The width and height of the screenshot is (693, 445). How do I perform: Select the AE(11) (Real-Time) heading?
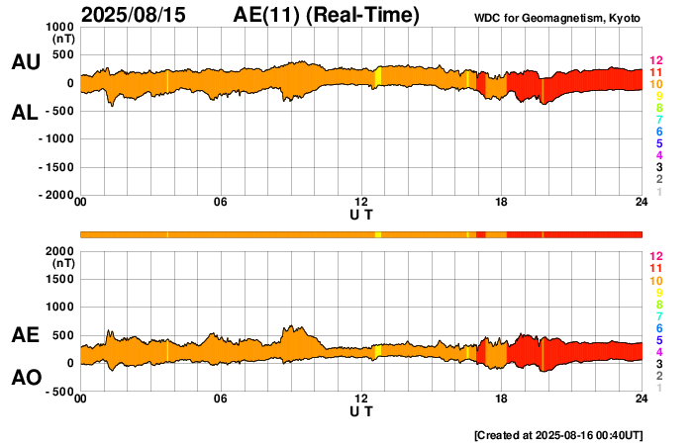pyautogui.click(x=327, y=15)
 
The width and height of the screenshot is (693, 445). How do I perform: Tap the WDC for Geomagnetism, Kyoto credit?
pyautogui.click(x=559, y=19)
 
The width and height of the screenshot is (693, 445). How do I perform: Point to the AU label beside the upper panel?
pyautogui.click(x=25, y=62)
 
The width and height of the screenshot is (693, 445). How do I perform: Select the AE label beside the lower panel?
pyautogui.click(x=25, y=335)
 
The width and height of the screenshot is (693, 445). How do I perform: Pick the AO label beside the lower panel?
pyautogui.click(x=25, y=378)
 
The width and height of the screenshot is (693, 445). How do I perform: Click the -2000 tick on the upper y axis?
pyautogui.click(x=55, y=196)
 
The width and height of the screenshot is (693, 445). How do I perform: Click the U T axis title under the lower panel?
pyautogui.click(x=361, y=411)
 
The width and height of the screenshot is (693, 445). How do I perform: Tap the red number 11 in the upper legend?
pyautogui.click(x=655, y=73)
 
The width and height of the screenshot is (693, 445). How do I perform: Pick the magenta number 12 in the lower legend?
pyautogui.click(x=655, y=256)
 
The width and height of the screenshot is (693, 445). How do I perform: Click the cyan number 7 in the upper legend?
pyautogui.click(x=658, y=120)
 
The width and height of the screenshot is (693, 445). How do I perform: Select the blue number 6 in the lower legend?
pyautogui.click(x=658, y=327)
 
